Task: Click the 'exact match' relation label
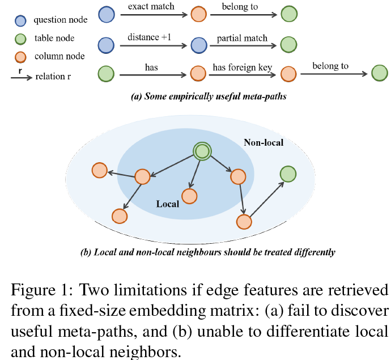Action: [x=151, y=7]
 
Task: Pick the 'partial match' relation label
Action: [x=242, y=38]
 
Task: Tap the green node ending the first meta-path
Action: [x=289, y=14]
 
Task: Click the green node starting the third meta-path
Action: [x=106, y=74]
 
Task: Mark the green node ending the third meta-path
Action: [x=380, y=73]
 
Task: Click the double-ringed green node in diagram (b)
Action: [x=201, y=151]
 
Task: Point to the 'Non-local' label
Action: [x=263, y=143]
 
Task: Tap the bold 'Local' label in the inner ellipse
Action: [x=168, y=204]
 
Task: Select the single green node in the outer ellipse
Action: [x=288, y=175]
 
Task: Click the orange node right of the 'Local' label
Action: [x=189, y=196]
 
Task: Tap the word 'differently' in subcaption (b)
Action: [x=312, y=252]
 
